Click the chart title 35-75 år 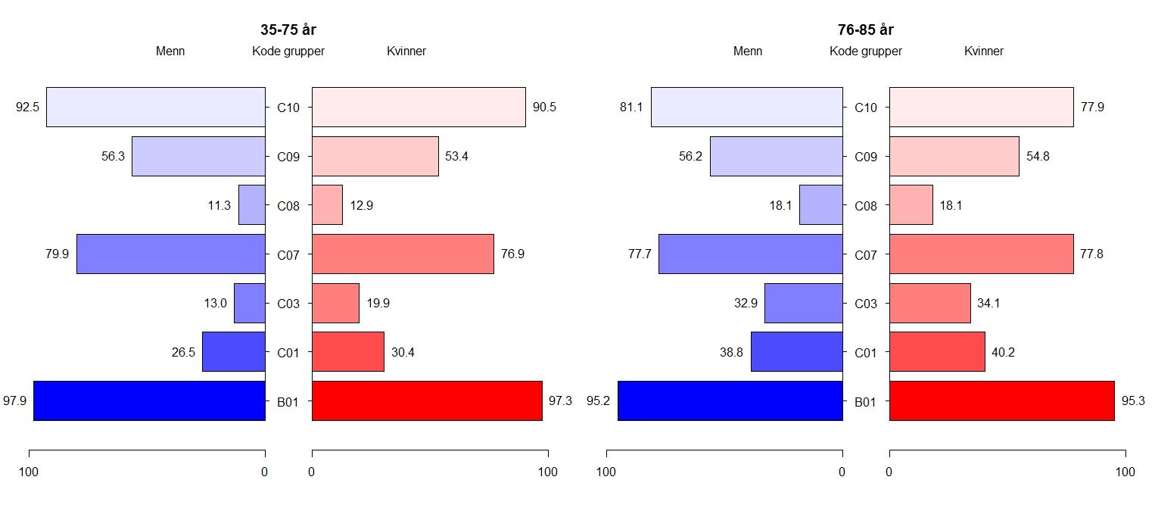[x=288, y=30]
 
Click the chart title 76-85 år [x=865, y=30]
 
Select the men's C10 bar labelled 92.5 [x=155, y=108]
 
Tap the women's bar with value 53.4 [x=375, y=157]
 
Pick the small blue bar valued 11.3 [x=251, y=205]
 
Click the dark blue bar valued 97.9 [x=149, y=400]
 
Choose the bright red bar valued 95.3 [x=1001, y=400]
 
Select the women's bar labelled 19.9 [x=335, y=303]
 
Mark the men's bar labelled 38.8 [x=796, y=352]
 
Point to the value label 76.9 [x=512, y=254]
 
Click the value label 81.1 [x=630, y=108]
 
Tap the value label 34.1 [x=989, y=304]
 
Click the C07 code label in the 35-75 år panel [x=288, y=255]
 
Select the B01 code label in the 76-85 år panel [x=866, y=402]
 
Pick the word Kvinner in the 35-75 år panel [x=406, y=51]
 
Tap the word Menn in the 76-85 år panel [x=748, y=51]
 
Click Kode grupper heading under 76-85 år [x=866, y=51]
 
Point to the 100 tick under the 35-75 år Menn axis [x=29, y=472]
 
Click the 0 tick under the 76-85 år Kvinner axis [x=889, y=472]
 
